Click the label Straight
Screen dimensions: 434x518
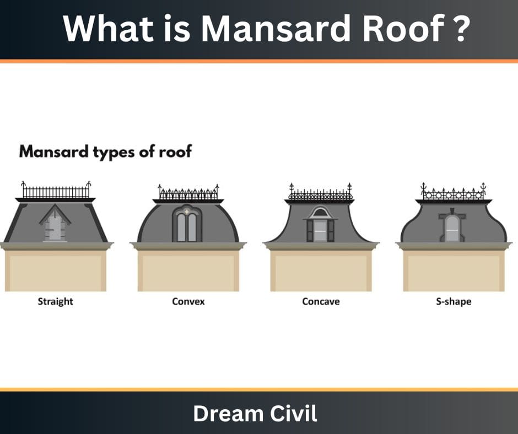55,301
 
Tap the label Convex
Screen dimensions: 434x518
188,301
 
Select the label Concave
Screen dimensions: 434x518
321,301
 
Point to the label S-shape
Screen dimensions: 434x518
454,301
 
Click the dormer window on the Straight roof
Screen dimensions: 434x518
55,226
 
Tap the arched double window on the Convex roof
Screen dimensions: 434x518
187,225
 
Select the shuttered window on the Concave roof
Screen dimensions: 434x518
320,227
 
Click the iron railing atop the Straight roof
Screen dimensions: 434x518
56,192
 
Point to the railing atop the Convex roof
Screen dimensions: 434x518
188,194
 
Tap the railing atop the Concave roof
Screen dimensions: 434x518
320,194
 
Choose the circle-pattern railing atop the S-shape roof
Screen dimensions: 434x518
453,194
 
